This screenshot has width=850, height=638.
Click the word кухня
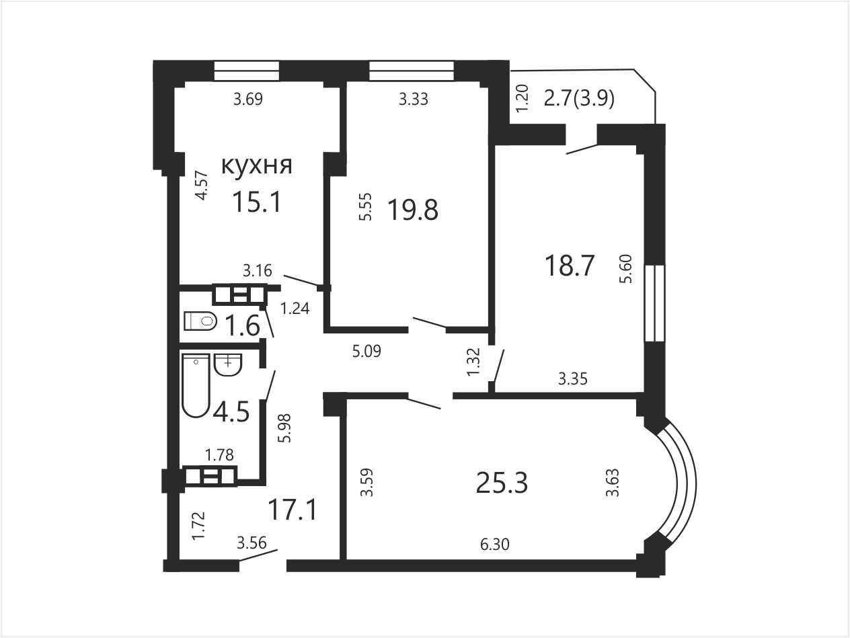(256, 167)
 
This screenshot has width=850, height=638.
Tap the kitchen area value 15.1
(256, 202)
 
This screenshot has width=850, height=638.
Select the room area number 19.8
(413, 210)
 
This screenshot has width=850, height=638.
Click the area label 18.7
(570, 266)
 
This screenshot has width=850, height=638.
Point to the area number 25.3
(502, 483)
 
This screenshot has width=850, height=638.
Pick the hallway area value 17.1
(293, 510)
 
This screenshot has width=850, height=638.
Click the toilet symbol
(200, 321)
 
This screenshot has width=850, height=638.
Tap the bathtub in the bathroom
(196, 385)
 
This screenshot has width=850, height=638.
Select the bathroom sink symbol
(228, 364)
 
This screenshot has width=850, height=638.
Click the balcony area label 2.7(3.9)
(579, 99)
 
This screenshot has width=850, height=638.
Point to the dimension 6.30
(494, 545)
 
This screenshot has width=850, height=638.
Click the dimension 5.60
(625, 269)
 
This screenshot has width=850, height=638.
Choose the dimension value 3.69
(248, 99)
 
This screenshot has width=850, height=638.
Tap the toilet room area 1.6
(242, 325)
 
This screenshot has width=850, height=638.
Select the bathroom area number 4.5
(231, 412)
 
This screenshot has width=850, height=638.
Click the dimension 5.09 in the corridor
(366, 351)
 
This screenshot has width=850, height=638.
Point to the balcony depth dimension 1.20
(523, 99)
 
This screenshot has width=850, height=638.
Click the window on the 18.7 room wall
(654, 303)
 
